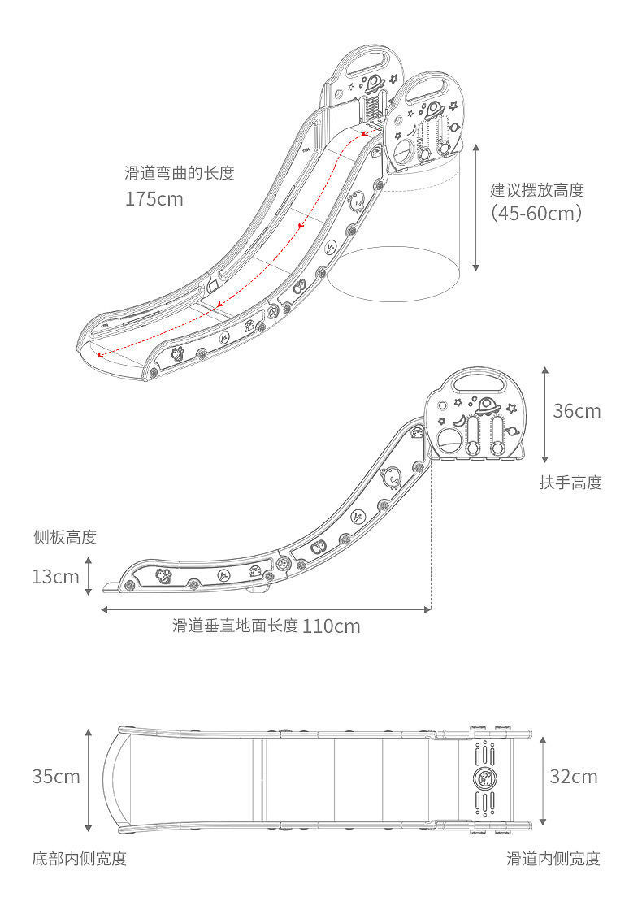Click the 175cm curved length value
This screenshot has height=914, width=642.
point(154,198)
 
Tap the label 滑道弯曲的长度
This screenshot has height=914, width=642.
point(179,173)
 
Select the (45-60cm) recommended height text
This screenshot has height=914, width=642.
point(537,214)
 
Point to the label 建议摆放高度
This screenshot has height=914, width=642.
point(537,191)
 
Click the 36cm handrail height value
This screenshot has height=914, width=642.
point(577,411)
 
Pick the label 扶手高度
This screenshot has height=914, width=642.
point(571,483)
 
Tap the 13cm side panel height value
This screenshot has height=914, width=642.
point(55,577)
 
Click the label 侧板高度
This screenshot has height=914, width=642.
point(65,537)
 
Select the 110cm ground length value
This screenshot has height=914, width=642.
point(332,626)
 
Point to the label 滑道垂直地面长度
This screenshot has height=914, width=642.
point(235,626)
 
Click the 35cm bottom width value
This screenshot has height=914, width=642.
point(56,777)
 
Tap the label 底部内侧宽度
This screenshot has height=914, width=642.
point(80,859)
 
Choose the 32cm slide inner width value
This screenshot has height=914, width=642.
point(574,777)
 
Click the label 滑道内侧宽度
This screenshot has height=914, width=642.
point(553,859)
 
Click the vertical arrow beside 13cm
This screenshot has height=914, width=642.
point(89,576)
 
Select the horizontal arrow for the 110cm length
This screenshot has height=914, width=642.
point(266,609)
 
